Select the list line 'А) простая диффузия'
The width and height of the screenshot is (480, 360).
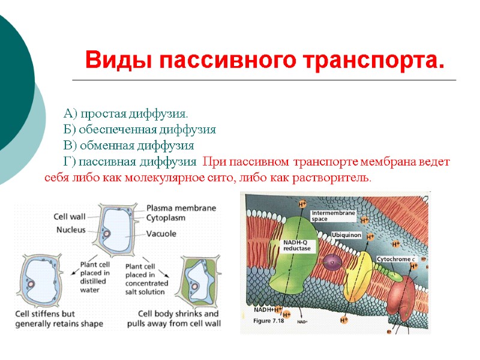click(125, 113)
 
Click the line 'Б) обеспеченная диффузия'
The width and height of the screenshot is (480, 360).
click(139, 130)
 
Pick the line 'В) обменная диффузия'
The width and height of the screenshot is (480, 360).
click(128, 146)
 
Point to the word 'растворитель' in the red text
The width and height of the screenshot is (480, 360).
click(338, 178)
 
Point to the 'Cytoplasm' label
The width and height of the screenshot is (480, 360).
click(166, 218)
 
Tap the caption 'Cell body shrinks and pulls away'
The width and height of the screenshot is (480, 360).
click(179, 319)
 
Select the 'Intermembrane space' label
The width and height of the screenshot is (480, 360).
click(333, 216)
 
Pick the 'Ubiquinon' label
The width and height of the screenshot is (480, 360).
click(346, 236)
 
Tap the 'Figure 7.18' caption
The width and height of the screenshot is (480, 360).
click(270, 322)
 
